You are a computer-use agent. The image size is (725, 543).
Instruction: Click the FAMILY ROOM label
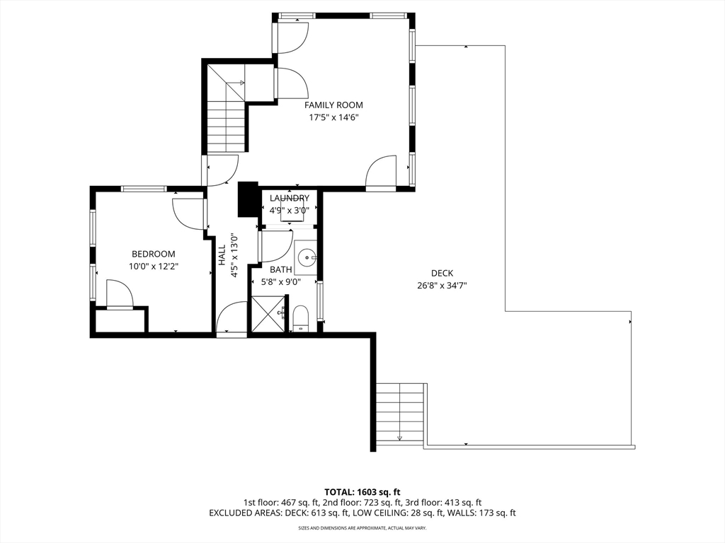pyautogui.click(x=333, y=105)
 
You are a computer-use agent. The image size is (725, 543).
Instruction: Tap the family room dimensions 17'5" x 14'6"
pyautogui.click(x=334, y=118)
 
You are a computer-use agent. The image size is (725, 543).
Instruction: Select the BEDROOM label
pyautogui.click(x=154, y=254)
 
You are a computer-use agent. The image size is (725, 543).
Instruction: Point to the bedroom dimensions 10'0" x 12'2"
pyautogui.click(x=154, y=267)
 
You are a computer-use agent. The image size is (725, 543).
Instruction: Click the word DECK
pyautogui.click(x=442, y=274)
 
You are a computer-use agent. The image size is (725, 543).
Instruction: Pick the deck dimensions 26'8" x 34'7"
pyautogui.click(x=442, y=286)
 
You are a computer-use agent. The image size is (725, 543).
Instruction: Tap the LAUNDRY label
pyautogui.click(x=290, y=198)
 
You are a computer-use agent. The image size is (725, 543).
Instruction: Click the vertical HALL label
pyautogui.click(x=222, y=255)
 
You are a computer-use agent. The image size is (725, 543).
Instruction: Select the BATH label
pyautogui.click(x=281, y=269)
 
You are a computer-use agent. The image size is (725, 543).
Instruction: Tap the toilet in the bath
pyautogui.click(x=301, y=318)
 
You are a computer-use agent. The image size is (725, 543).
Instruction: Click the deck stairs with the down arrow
pyautogui.click(x=400, y=412)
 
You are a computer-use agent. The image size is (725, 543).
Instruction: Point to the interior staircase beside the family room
pyautogui.click(x=226, y=108)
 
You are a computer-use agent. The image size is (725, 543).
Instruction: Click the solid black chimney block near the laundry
pyautogui.click(x=247, y=199)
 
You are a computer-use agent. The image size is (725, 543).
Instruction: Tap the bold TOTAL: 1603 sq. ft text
pyautogui.click(x=362, y=492)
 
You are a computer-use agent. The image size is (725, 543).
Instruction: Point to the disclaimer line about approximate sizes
pyautogui.click(x=362, y=527)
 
